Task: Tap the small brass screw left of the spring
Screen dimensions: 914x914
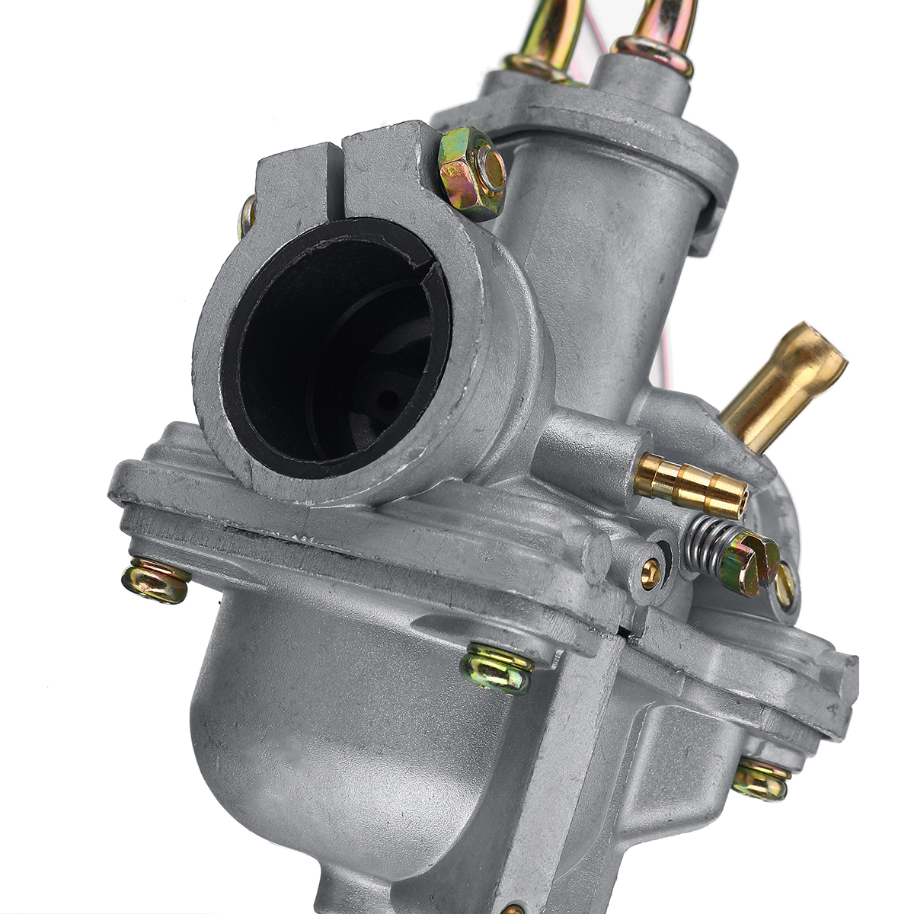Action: [x=650, y=573]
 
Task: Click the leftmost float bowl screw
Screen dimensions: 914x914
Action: [x=156, y=580]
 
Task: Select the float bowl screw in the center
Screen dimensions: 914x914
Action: [x=497, y=667]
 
